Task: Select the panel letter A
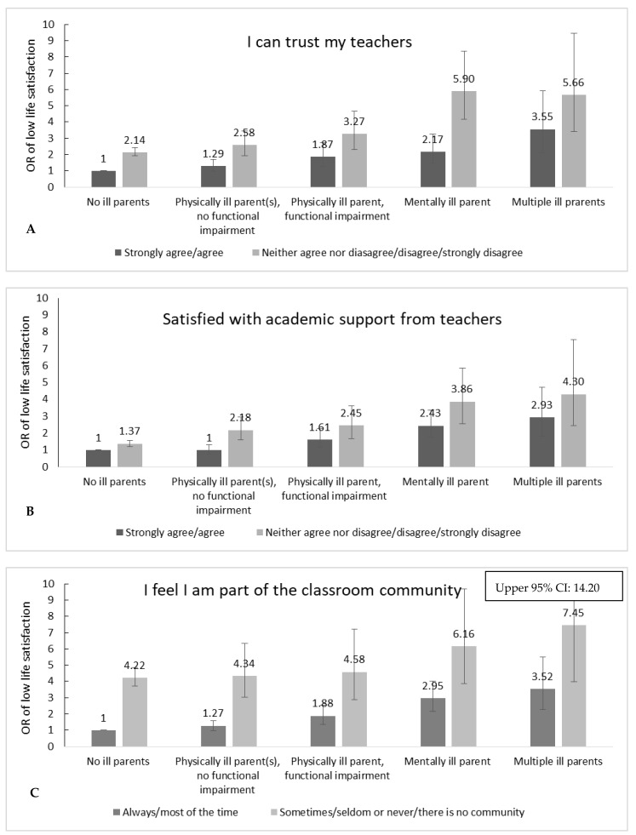point(32,229)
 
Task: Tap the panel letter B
point(32,513)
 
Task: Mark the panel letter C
point(32,792)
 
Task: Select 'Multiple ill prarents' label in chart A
point(557,203)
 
